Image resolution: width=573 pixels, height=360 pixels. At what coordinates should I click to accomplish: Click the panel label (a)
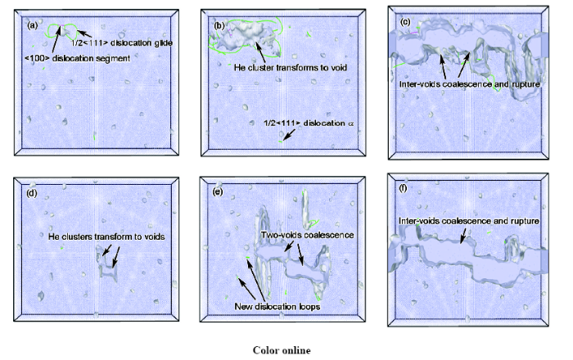(x=33, y=25)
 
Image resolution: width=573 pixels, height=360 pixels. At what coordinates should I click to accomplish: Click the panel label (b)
(x=219, y=25)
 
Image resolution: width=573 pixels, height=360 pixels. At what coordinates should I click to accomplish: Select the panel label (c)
(x=405, y=22)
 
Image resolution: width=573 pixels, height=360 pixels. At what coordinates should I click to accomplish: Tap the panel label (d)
(x=32, y=193)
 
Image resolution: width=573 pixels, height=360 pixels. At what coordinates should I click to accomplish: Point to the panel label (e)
(x=218, y=191)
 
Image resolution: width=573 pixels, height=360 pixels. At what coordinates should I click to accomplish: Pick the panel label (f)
(x=403, y=188)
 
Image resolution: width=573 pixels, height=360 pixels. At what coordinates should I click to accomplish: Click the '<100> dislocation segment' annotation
(x=78, y=58)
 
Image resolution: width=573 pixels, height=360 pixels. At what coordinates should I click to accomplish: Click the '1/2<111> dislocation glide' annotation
(x=122, y=43)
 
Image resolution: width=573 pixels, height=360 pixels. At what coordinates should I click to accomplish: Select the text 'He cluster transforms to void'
(x=291, y=68)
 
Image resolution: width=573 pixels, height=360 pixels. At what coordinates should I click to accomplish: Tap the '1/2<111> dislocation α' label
(x=309, y=123)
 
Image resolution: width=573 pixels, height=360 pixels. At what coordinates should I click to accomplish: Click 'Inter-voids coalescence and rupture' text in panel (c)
(x=470, y=84)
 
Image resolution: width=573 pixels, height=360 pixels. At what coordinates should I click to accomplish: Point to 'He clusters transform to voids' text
(x=106, y=236)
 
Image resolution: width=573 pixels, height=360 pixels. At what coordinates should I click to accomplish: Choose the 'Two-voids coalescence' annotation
(x=307, y=235)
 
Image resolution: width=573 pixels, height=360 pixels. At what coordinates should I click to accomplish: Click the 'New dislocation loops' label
(x=277, y=306)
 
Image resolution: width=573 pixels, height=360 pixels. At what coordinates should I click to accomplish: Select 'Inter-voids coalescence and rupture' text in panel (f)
(x=469, y=221)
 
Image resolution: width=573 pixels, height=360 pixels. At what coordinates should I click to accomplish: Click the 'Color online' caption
(x=282, y=350)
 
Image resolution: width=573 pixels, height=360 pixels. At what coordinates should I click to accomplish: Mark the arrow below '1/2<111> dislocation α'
(x=289, y=135)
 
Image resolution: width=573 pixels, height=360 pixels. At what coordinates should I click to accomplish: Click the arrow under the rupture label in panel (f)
(x=463, y=236)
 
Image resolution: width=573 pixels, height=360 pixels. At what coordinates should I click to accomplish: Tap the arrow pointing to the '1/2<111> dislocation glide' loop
(x=84, y=34)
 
